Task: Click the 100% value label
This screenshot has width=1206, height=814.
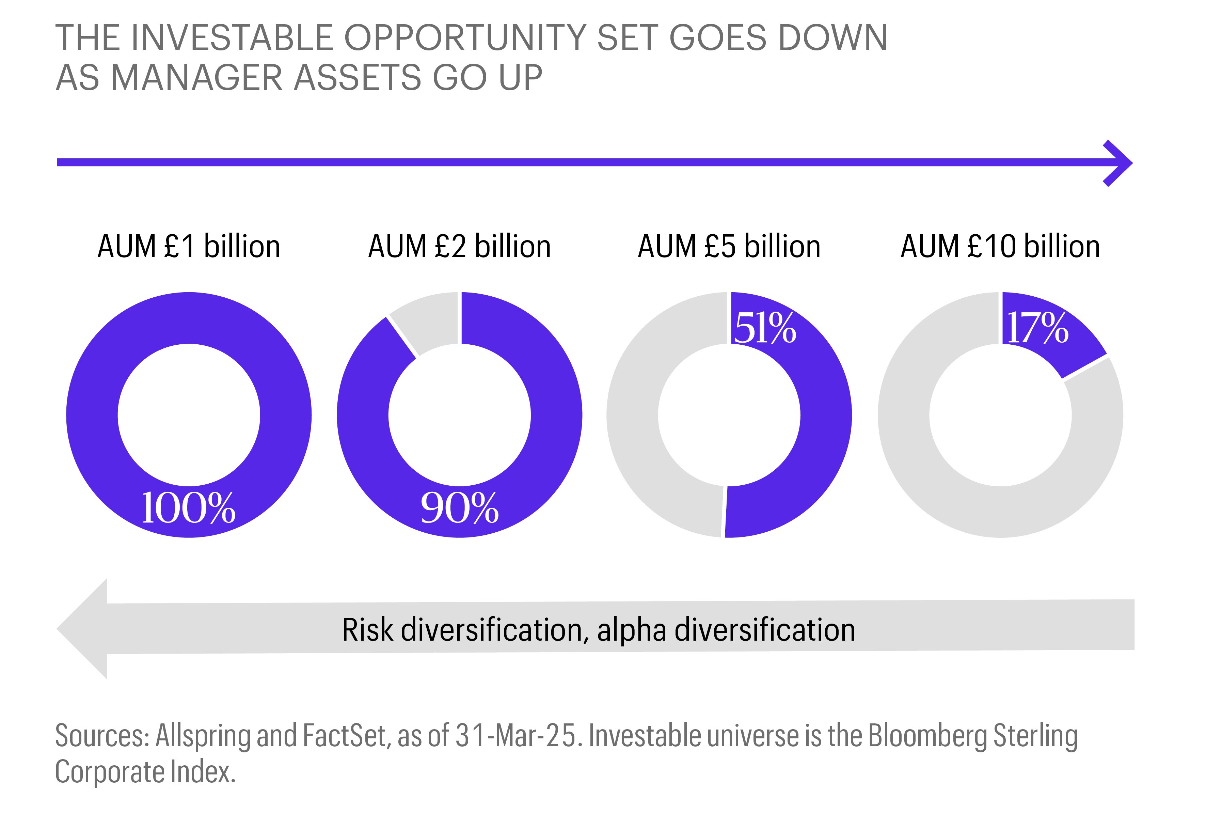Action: point(188,508)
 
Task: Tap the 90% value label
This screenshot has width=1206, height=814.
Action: point(460,508)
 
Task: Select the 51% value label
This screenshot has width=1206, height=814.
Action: point(765,328)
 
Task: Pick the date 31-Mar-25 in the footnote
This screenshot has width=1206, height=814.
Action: point(516,736)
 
